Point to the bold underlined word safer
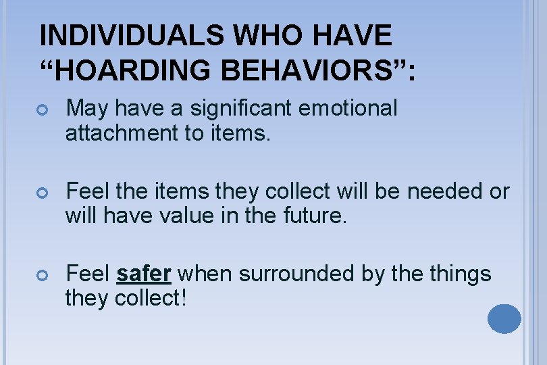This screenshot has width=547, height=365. [x=144, y=274]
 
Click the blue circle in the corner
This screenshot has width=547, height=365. [x=504, y=318]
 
